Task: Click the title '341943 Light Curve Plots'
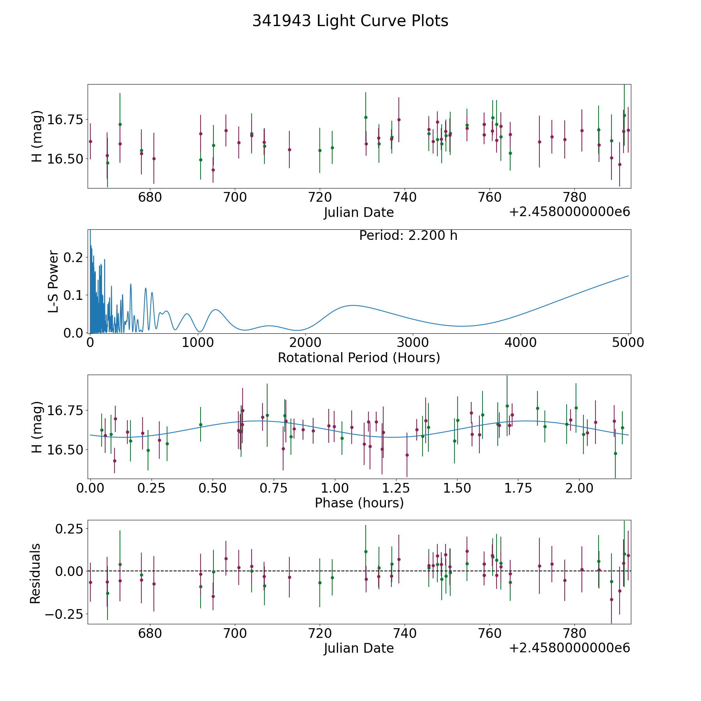[350, 21]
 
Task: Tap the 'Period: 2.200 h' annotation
[408, 236]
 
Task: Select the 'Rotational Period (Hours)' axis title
[359, 358]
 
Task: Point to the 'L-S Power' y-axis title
[54, 281]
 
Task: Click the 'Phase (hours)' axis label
[359, 503]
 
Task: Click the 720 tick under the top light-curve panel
[320, 197]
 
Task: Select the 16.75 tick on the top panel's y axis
[65, 120]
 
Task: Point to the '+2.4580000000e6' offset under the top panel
[569, 212]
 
